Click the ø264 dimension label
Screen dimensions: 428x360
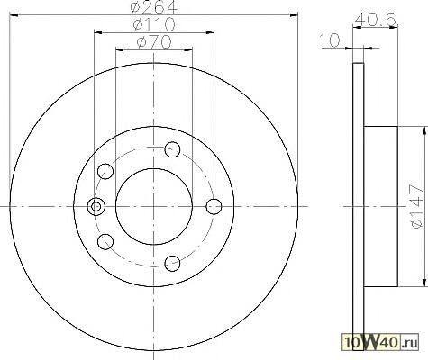coord(154,6)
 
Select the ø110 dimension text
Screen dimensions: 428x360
coord(154,24)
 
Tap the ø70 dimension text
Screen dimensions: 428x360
coord(154,42)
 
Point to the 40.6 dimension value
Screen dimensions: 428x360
coord(375,20)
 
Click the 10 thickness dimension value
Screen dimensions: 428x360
coord(329,40)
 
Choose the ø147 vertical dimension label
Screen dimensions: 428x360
coord(417,206)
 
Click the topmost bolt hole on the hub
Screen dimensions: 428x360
coord(172,149)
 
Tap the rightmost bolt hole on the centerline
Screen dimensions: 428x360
coord(214,206)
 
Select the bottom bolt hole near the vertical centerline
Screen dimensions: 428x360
coord(172,264)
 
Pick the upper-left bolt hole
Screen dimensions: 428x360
coord(105,171)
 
